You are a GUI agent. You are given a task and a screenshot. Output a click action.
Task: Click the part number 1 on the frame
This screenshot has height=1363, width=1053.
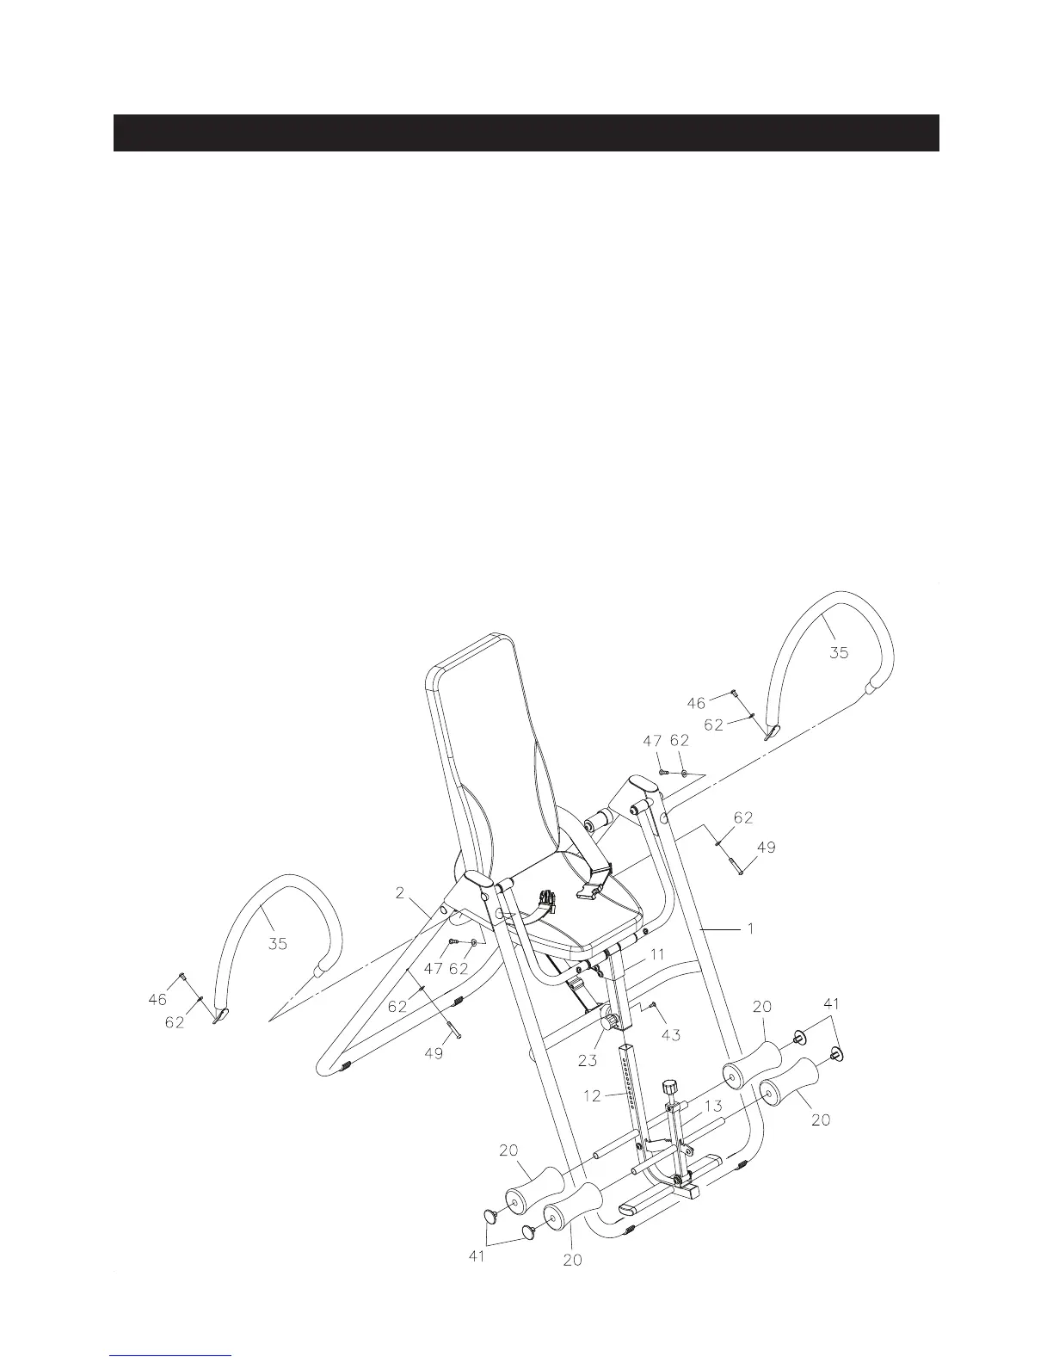[x=750, y=929]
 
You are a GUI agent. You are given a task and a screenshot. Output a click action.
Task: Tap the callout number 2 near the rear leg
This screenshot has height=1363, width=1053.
[x=400, y=893]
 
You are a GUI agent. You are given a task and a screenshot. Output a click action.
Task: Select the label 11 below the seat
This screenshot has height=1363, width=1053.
[x=657, y=954]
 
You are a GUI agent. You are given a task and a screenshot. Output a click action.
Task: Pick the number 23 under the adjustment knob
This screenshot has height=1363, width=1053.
[x=588, y=1061]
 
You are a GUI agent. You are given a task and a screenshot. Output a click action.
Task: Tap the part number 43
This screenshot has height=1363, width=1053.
[x=671, y=1034]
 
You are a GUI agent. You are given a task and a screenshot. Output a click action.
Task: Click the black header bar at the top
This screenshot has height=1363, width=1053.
[x=526, y=133]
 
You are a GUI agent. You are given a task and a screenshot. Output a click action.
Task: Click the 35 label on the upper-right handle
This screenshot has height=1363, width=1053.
[x=838, y=652]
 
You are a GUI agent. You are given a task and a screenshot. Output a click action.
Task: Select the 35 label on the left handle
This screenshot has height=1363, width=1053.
[x=277, y=944]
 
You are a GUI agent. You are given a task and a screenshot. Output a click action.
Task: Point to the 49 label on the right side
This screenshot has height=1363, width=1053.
[x=765, y=848]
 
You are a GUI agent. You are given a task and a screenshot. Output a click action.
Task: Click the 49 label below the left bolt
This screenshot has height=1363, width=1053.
[x=434, y=1052]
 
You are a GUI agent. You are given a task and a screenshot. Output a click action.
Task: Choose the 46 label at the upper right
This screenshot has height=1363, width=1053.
[x=697, y=703]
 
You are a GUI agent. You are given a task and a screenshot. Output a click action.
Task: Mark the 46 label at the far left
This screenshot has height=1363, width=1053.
[x=157, y=1000]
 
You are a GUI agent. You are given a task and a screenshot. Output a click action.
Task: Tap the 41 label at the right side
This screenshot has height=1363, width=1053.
[x=831, y=1003]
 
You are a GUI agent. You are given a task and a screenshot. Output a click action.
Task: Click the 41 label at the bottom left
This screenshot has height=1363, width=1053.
[x=477, y=1256]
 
